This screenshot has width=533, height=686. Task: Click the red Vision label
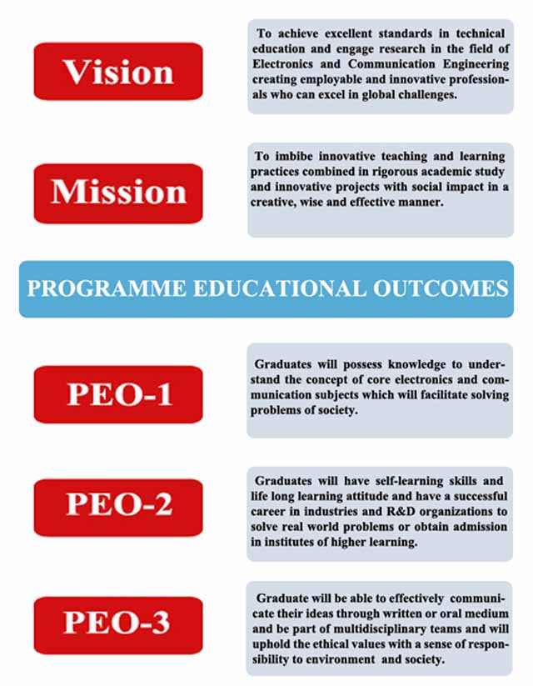118,72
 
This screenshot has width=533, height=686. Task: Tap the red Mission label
118,193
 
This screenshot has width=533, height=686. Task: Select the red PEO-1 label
118,394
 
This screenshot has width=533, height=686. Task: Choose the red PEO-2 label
118,508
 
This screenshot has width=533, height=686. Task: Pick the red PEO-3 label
118,625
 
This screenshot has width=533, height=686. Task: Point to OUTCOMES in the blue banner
441,288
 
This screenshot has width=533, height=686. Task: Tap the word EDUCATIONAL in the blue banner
279,288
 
